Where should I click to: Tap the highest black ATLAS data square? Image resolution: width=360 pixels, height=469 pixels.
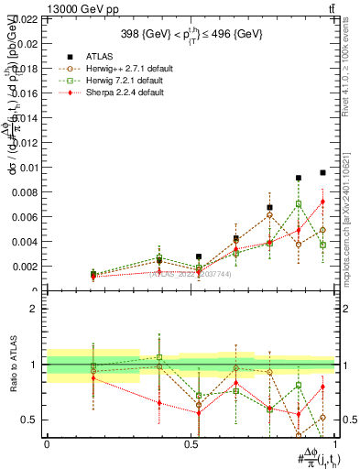coord(322,172)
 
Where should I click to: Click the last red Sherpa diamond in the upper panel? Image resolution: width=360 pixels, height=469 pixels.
coord(322,202)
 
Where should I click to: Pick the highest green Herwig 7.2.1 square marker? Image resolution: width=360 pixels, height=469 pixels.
coord(299,204)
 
